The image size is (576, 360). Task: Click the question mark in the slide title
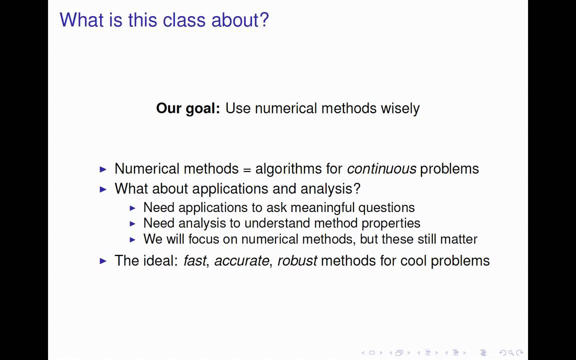tap(264, 20)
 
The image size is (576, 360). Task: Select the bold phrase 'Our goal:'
tap(187, 108)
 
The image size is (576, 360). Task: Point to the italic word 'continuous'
tap(381, 169)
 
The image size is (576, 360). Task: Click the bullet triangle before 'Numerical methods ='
tap(103, 169)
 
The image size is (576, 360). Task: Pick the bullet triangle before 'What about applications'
tap(103, 189)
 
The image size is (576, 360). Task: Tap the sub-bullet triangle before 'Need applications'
tap(132, 208)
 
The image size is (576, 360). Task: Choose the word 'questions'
tap(386, 207)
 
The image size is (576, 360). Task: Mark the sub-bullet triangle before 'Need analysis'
tap(132, 223)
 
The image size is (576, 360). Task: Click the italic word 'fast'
tap(194, 260)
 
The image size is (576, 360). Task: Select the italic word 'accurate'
tap(241, 261)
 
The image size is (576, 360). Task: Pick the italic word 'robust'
tap(297, 260)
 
